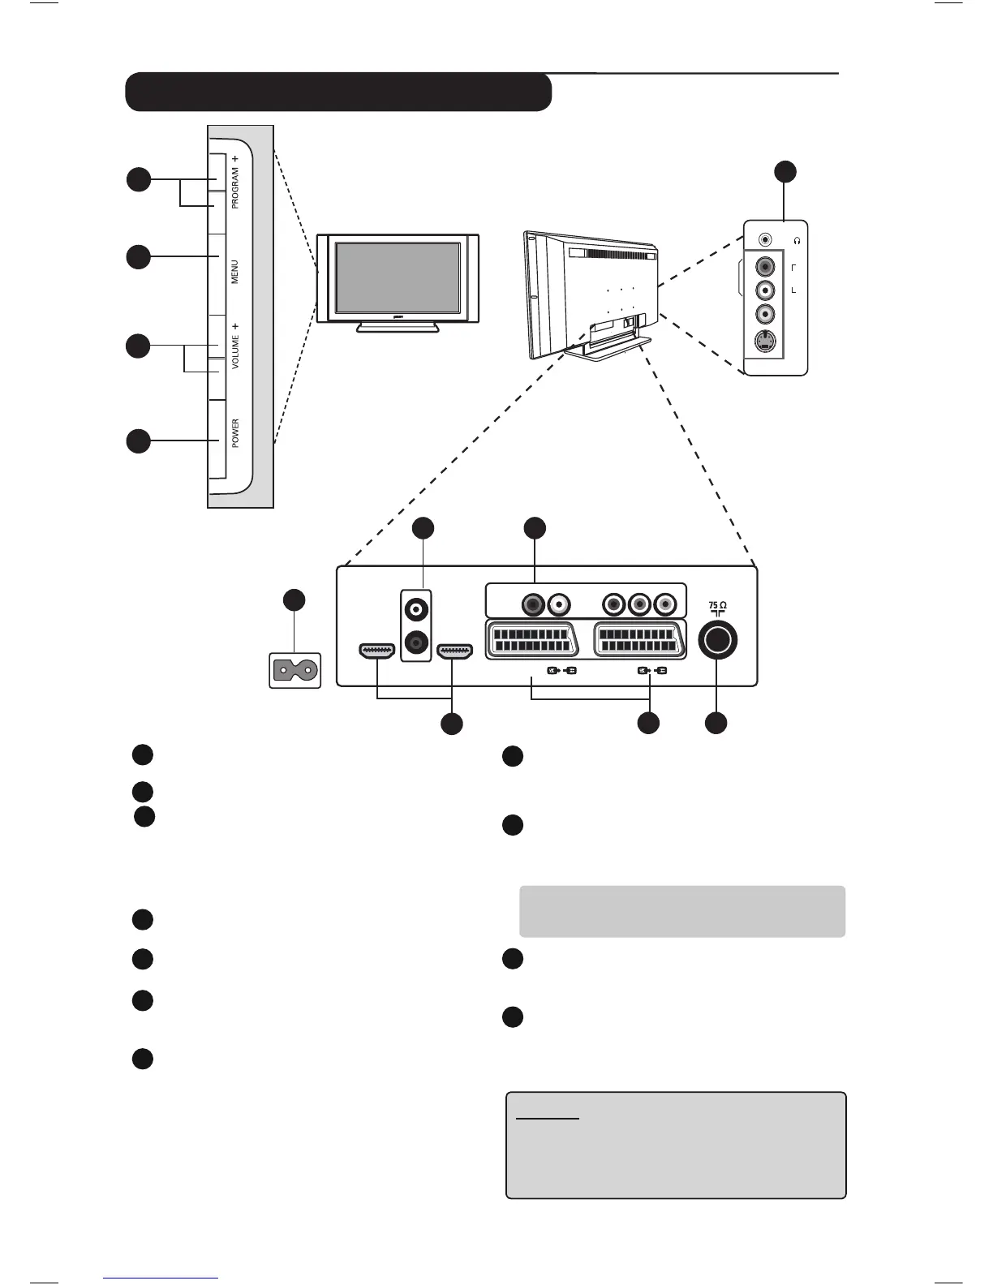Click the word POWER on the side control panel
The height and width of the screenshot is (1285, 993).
pyautogui.click(x=235, y=433)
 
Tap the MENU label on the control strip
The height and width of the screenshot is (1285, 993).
pyautogui.click(x=234, y=272)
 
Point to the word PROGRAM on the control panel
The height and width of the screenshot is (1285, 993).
pyautogui.click(x=234, y=187)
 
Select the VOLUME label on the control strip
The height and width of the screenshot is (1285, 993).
pyautogui.click(x=234, y=352)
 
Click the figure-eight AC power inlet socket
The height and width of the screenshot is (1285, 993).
pyautogui.click(x=295, y=670)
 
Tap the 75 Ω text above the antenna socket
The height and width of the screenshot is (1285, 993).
pyautogui.click(x=717, y=605)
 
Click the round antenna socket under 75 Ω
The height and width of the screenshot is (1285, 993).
pyautogui.click(x=717, y=640)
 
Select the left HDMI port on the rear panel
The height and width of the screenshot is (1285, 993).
pyautogui.click(x=376, y=651)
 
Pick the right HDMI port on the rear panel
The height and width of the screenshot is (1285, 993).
pyautogui.click(x=454, y=651)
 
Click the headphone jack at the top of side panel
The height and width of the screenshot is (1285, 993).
pyautogui.click(x=765, y=240)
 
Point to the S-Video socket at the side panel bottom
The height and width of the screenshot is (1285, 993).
pyautogui.click(x=765, y=342)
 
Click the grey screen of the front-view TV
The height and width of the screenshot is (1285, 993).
pyautogui.click(x=398, y=278)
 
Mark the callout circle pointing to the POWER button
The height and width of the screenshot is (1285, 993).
pyautogui.click(x=139, y=441)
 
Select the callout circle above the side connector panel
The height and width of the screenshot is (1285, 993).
pyautogui.click(x=785, y=171)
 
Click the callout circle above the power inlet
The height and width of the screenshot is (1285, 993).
pyautogui.click(x=294, y=600)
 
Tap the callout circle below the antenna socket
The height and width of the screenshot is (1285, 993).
pyautogui.click(x=716, y=724)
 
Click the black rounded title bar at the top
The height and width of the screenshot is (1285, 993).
pyautogui.click(x=338, y=92)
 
